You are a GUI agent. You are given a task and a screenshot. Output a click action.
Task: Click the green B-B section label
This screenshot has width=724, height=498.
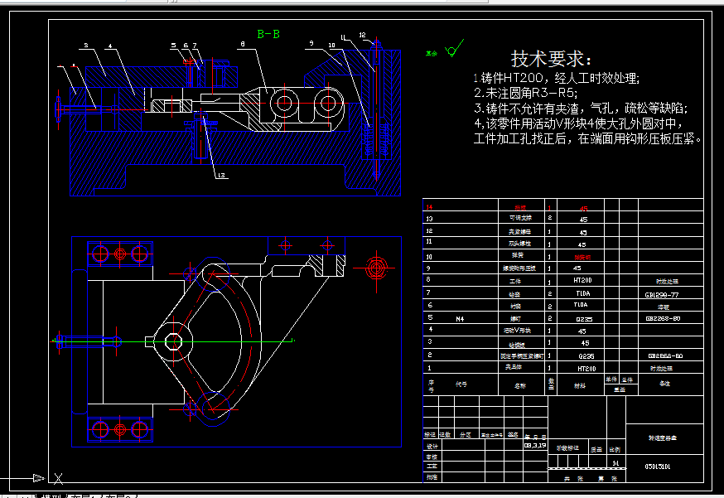click(x=268, y=34)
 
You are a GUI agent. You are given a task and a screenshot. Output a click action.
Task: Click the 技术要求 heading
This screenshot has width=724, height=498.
click(x=551, y=59)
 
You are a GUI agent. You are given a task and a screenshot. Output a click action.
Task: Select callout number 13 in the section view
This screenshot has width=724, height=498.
click(x=220, y=175)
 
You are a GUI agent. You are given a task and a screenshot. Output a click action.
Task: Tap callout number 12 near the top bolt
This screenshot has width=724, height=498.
click(x=363, y=35)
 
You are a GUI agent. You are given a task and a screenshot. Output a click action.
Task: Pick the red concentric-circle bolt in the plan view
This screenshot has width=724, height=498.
click(x=377, y=266)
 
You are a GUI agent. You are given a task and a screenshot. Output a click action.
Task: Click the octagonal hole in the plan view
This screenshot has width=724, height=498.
click(x=173, y=341)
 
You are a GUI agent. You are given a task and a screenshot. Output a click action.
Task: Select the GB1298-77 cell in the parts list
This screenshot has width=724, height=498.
click(x=662, y=293)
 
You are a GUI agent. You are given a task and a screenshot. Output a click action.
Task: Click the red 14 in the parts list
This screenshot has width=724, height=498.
click(x=429, y=208)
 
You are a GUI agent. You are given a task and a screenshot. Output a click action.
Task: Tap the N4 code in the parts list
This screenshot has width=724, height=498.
click(x=461, y=317)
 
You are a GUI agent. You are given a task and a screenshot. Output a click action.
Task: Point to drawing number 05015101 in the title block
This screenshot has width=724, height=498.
click(x=658, y=467)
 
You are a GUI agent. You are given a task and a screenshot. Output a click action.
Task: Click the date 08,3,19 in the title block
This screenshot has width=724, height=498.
click(x=535, y=444)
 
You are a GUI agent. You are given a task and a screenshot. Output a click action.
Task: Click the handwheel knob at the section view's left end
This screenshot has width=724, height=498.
click(x=59, y=109)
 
